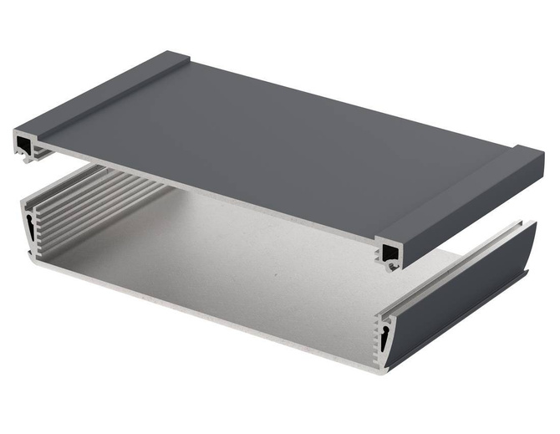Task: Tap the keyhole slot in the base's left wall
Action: (x=31, y=227)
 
